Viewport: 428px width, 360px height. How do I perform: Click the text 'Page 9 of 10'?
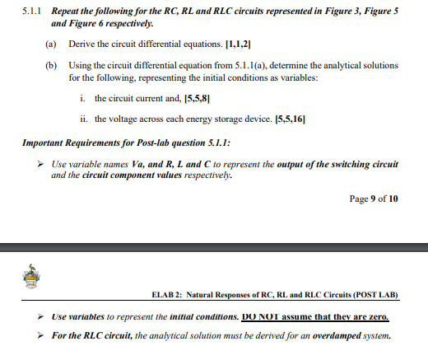coord(374,199)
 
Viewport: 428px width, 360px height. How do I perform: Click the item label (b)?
coord(51,64)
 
